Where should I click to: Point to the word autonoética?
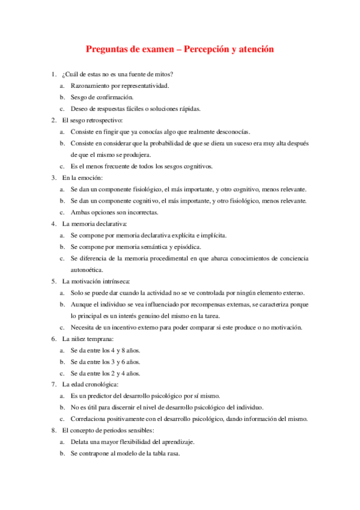coord(87,269)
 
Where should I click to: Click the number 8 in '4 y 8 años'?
coord(123,350)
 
